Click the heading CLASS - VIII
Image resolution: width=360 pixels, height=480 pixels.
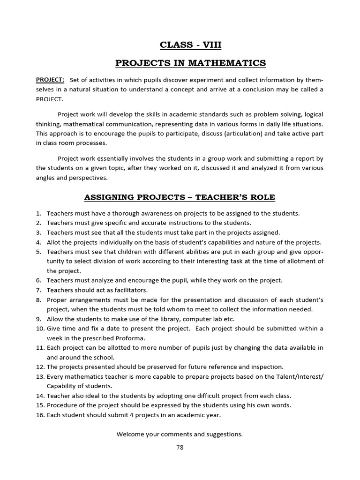point(190,45)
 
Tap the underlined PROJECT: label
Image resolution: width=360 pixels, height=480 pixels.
point(50,80)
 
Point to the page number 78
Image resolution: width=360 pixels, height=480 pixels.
point(180,447)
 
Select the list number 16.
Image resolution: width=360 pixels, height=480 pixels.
point(40,415)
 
